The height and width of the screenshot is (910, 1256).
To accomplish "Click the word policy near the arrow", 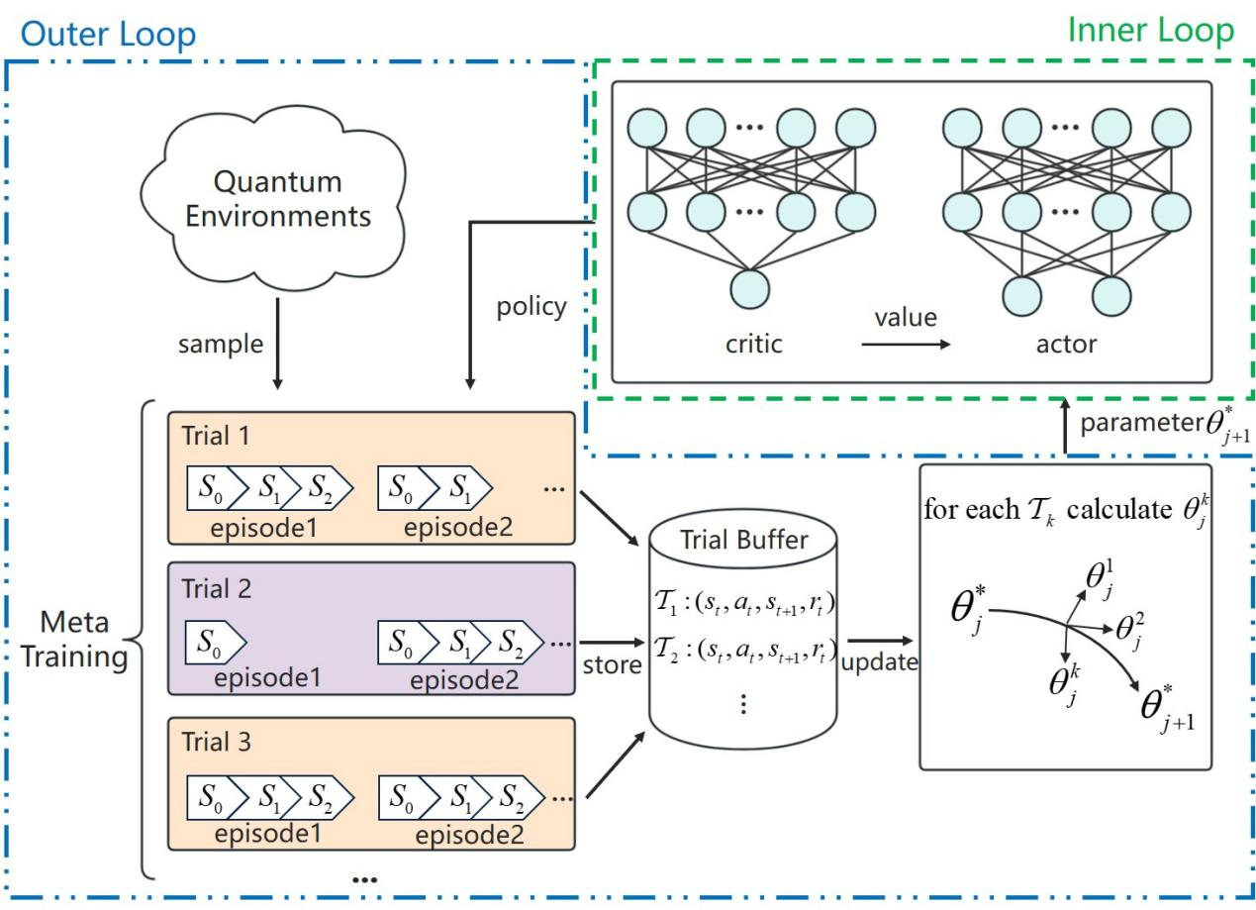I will coord(531,307).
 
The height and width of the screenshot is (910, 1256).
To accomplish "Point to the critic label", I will coord(754,344).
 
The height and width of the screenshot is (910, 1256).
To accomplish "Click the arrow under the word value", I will coord(904,346).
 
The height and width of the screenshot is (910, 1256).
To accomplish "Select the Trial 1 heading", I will coord(216,436).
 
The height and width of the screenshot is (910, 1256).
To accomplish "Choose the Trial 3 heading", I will coord(216,741).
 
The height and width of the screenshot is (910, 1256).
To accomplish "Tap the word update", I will coord(879,663).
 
